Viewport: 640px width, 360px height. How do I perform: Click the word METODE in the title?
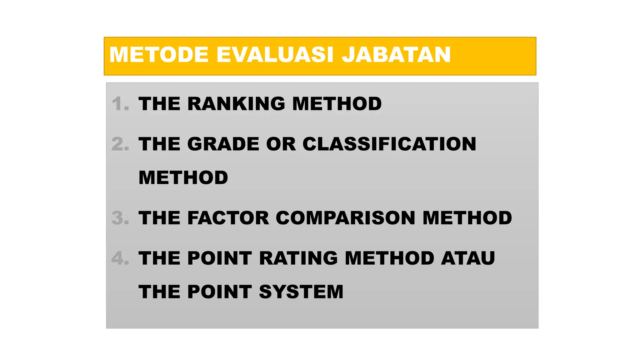(x=159, y=55)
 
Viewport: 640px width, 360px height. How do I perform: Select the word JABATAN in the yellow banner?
(x=396, y=55)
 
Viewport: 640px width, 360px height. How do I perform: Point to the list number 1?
(x=120, y=104)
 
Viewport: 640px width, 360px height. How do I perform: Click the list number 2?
(x=120, y=144)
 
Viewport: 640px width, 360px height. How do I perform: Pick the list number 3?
(x=120, y=218)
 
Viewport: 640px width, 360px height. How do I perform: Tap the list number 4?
(x=120, y=258)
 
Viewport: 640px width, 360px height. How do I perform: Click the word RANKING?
(x=236, y=104)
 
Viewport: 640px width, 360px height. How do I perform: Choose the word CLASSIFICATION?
(x=389, y=144)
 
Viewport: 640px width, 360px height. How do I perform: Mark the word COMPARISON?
(x=345, y=218)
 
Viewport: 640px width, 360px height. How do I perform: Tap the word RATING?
(x=298, y=258)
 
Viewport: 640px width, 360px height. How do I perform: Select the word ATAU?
(x=468, y=258)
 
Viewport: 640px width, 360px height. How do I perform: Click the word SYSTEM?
(x=301, y=292)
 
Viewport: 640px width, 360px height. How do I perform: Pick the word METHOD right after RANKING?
(x=337, y=104)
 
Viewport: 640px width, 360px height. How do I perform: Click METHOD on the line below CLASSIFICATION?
(x=183, y=178)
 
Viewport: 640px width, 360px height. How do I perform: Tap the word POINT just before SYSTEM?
(x=219, y=292)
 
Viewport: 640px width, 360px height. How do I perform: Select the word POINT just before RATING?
(x=219, y=258)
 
